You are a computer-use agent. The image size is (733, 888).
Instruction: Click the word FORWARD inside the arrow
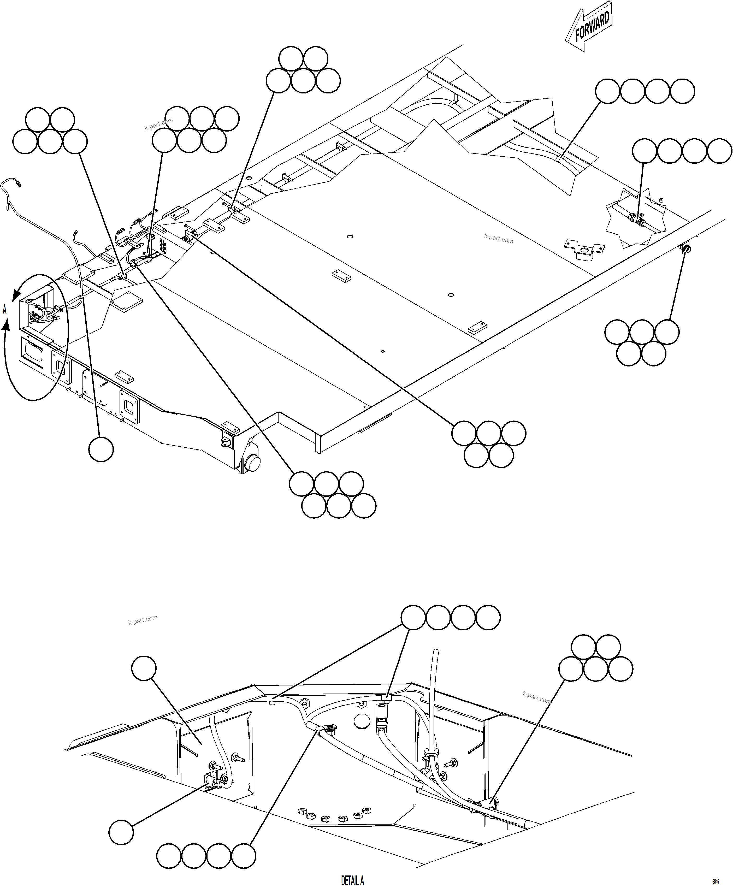(x=592, y=26)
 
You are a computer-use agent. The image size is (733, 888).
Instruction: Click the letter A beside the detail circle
(x=5, y=310)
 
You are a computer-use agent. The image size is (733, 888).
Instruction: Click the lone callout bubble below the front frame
(x=101, y=449)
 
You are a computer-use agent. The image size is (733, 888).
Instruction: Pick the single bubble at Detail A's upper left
(x=144, y=668)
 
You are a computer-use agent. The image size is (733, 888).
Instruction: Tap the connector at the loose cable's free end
(x=18, y=183)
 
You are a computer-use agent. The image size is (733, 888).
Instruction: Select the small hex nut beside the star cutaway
(x=661, y=199)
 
